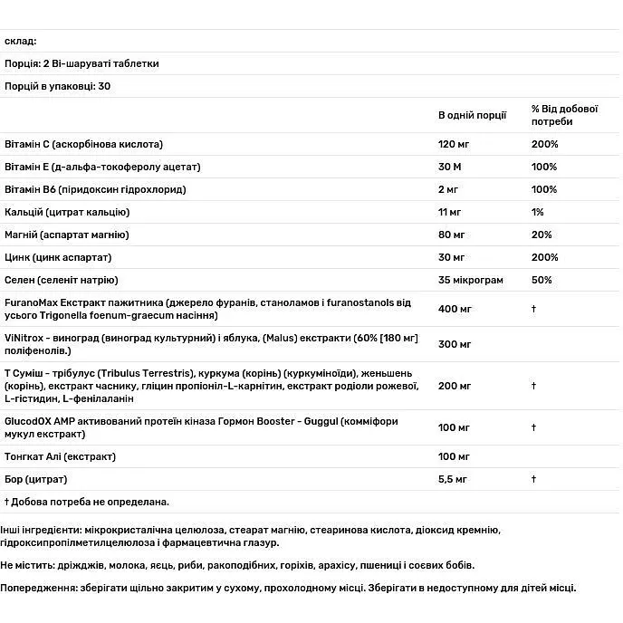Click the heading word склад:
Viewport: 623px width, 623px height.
tap(20, 42)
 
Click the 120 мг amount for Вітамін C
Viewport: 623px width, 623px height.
tap(455, 144)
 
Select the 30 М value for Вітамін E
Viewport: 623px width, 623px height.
tap(451, 167)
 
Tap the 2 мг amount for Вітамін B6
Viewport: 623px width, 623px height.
tap(448, 189)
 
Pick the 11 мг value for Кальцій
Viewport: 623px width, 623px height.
tap(450, 212)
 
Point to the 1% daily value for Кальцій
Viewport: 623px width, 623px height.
tap(538, 212)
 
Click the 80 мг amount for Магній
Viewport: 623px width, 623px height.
tap(452, 235)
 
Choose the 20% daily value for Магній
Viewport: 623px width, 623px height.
tap(542, 235)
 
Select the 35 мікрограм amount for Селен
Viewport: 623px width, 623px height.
tap(471, 280)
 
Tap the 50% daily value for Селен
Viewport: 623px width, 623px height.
tap(542, 280)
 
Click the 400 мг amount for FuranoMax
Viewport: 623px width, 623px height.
tap(455, 309)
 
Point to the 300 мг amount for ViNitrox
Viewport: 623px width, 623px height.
tap(455, 344)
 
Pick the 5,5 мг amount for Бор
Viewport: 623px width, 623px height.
tap(452, 478)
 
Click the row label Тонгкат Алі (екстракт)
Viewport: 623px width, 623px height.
tap(61, 456)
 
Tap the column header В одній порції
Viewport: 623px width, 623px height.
tap(472, 115)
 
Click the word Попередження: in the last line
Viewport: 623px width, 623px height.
tap(38, 588)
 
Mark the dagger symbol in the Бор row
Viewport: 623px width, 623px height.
tap(534, 478)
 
